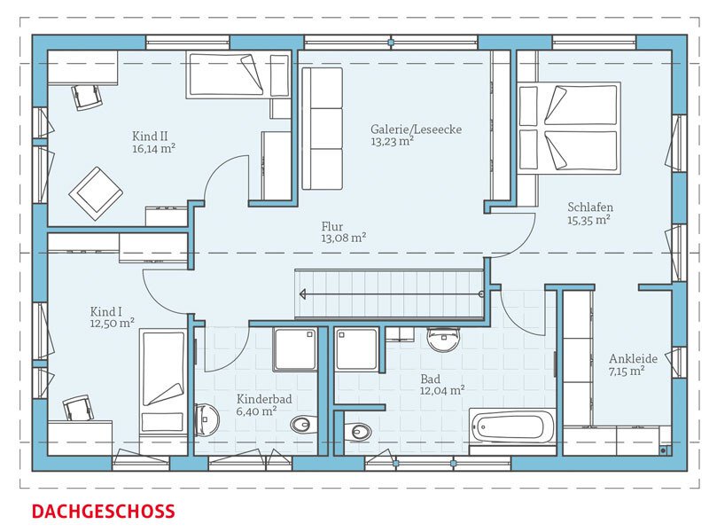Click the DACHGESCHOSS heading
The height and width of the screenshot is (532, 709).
(103, 512)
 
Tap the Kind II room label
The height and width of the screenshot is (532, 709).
(150, 137)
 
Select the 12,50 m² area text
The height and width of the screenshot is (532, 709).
(113, 323)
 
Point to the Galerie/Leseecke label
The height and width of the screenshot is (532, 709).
(416, 129)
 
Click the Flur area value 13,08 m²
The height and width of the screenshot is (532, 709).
(344, 238)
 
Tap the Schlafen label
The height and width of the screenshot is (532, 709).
(590, 207)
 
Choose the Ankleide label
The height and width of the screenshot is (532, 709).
(633, 359)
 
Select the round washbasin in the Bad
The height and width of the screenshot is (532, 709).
(443, 340)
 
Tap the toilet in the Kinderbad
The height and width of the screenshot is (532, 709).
(303, 425)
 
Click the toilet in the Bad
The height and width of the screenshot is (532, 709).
(357, 432)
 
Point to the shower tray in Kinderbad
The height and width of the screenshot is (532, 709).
(294, 349)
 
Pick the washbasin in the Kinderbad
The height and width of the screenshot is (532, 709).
(206, 419)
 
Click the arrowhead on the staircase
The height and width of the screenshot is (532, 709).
(303, 294)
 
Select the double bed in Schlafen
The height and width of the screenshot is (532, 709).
(569, 127)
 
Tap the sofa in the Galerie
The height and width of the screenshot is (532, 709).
(322, 129)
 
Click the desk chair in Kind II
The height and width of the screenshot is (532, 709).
(86, 97)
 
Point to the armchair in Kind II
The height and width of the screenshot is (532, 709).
(96, 193)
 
